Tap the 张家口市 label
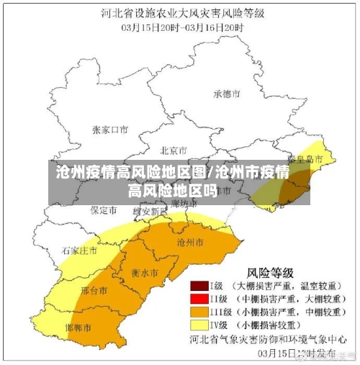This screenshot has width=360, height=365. [110, 130]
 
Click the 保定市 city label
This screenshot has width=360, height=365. [103, 210]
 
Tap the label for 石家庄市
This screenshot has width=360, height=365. [79, 251]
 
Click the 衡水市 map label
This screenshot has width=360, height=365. [145, 274]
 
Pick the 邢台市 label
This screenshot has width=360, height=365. [94, 291]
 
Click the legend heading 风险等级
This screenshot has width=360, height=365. [271, 272]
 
